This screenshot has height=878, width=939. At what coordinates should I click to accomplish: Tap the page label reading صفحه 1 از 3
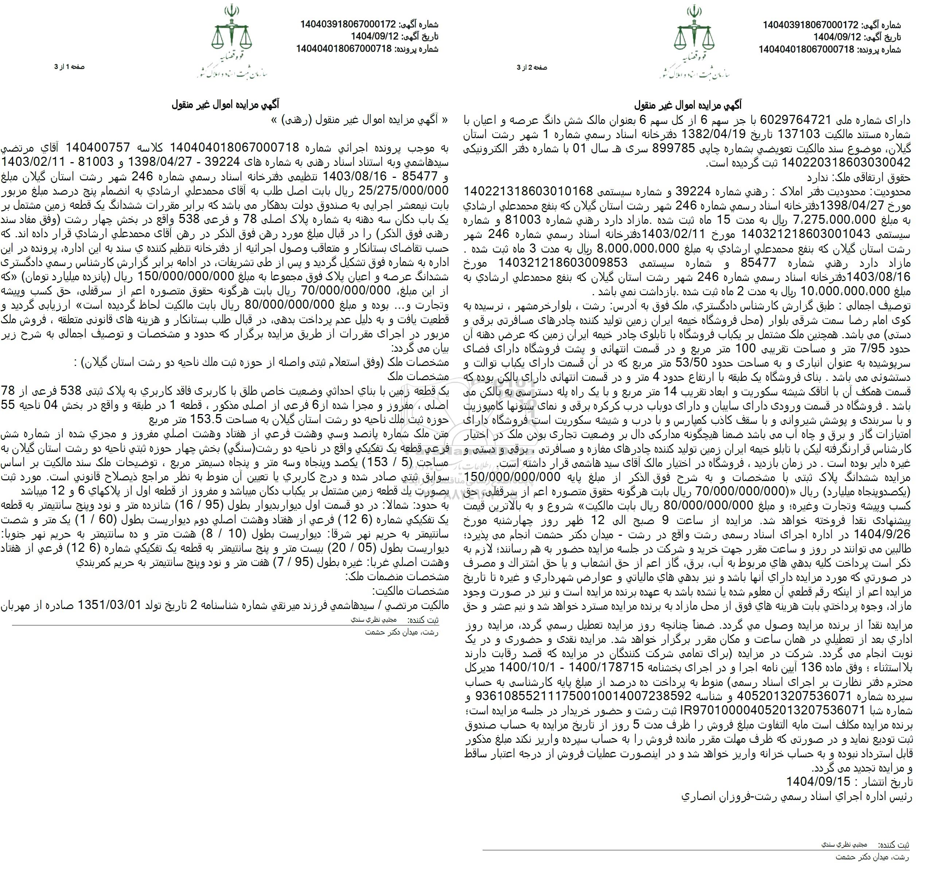coord(69,67)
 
